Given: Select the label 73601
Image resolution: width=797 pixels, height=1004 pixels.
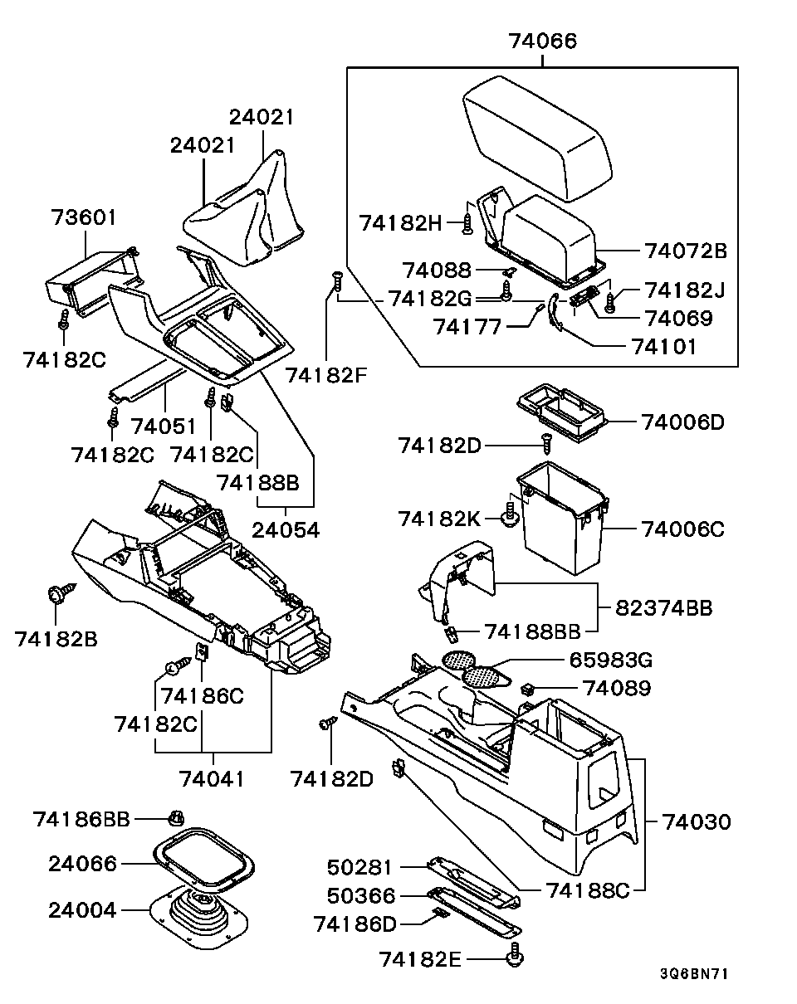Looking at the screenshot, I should click(x=84, y=218).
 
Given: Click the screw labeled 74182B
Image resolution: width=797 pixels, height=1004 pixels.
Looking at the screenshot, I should click(x=58, y=595).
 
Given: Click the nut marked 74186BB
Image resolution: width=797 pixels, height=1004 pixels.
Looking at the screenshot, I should click(x=175, y=818).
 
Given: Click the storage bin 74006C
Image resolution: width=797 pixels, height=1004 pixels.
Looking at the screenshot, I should click(x=562, y=519).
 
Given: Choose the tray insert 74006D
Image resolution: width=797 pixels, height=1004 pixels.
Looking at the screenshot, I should click(x=560, y=412).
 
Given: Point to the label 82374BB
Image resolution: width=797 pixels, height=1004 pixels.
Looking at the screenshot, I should click(x=664, y=608).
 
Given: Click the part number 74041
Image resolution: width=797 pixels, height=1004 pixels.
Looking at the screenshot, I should click(x=213, y=778).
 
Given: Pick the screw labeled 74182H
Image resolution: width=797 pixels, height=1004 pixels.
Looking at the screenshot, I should click(x=468, y=222).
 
